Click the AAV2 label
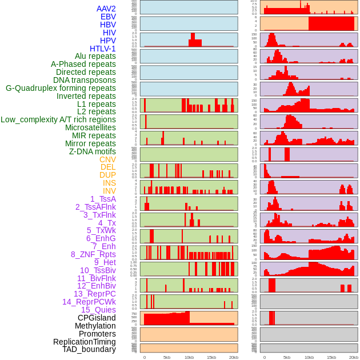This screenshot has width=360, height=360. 106,9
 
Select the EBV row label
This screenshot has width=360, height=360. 108,17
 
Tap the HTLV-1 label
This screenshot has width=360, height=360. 102,49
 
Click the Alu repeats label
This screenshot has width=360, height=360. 95,56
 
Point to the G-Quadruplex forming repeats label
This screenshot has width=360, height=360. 61,88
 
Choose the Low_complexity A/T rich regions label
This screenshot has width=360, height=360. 58,119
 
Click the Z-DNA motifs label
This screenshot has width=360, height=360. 92,151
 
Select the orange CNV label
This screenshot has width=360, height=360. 107,159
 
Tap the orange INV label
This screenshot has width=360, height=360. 109,191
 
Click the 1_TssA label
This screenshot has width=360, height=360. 103,199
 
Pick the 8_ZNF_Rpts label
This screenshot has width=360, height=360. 93,254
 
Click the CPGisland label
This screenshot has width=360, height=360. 97,318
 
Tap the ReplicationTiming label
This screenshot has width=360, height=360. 85,342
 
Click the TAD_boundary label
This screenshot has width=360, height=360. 89,349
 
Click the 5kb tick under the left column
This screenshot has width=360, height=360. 167,357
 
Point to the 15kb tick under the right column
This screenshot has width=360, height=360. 331,357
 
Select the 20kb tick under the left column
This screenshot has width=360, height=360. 233,357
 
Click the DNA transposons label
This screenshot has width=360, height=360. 85,80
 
